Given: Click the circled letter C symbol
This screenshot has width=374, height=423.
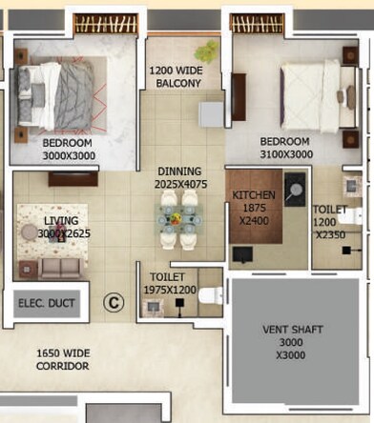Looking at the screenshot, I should point(114,303).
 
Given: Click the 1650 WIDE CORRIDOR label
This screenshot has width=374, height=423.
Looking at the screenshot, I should point(62,359).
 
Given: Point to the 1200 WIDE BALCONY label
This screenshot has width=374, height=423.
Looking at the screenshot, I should point(175,77).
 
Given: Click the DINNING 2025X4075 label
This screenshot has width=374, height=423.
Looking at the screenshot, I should point(179,177).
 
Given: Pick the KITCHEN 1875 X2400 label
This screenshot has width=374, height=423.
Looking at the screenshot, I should point(254,207).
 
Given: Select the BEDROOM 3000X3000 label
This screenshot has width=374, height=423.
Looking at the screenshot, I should point(67,149).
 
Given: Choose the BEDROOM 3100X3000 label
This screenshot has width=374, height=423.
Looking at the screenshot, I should point(285,148).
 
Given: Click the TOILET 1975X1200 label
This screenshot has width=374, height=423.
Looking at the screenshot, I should point(174,283).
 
